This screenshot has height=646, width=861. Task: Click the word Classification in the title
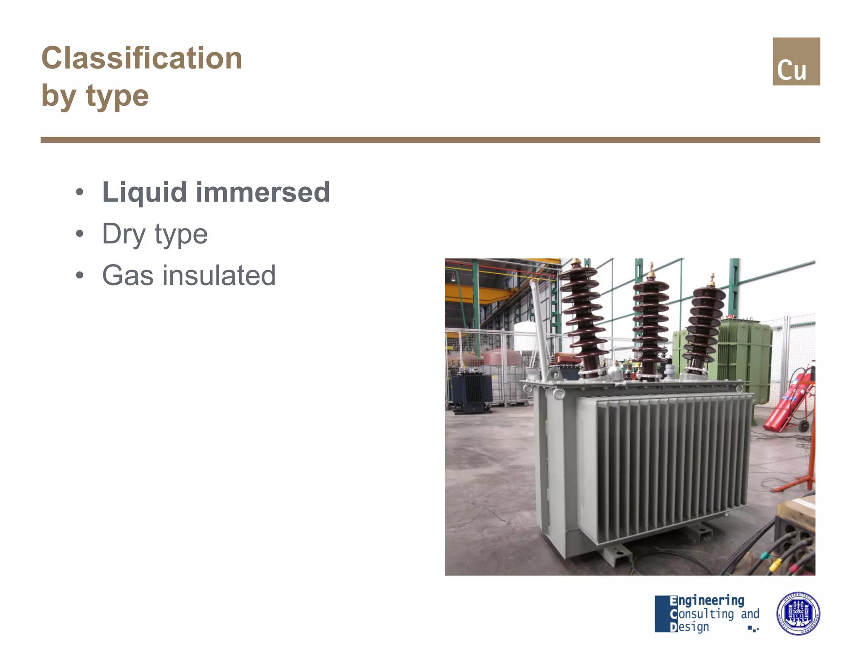click(x=142, y=58)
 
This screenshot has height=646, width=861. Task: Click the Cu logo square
click(x=796, y=62)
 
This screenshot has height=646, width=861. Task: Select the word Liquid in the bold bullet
click(x=144, y=192)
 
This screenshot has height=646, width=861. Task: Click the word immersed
click(x=263, y=192)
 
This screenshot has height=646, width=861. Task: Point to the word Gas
click(x=128, y=275)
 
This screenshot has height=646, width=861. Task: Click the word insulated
click(x=219, y=275)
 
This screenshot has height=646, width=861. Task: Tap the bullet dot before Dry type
click(x=80, y=233)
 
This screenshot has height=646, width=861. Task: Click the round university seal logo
click(x=798, y=613)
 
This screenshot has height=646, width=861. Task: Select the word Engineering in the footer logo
click(x=707, y=600)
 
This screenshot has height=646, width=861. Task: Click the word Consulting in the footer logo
click(x=702, y=614)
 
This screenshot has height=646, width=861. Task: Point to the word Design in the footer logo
click(x=689, y=627)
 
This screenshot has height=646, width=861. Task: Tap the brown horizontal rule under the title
click(x=430, y=140)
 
